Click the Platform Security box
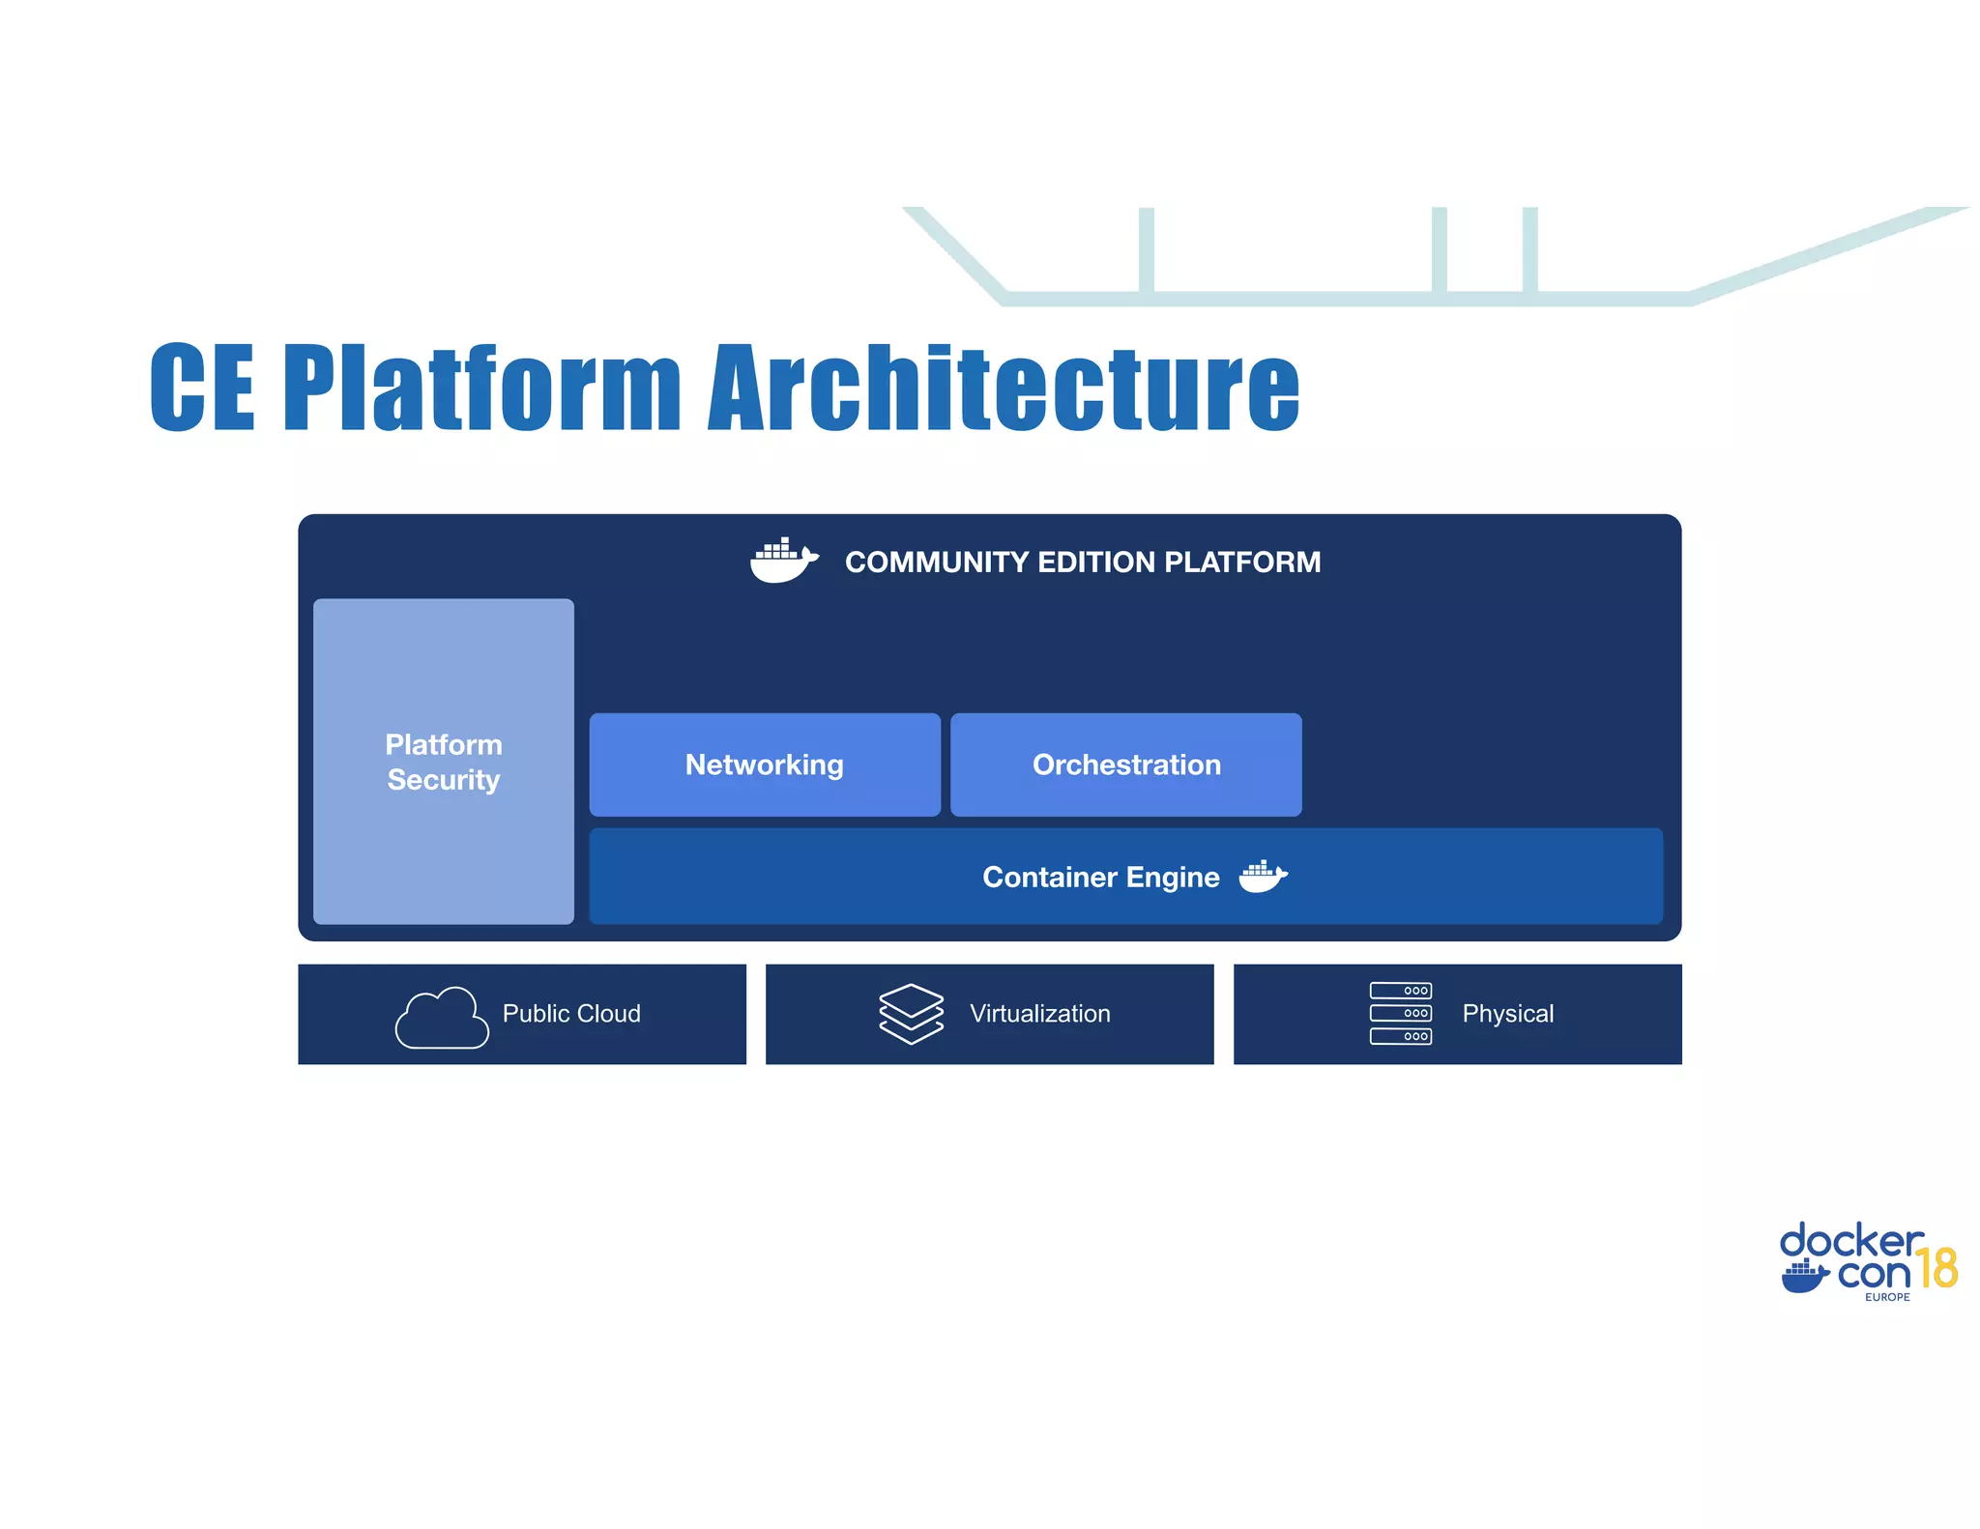[444, 762]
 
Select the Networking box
[765, 764]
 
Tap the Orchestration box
[1126, 764]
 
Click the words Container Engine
[1100, 877]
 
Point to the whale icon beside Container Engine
[1263, 877]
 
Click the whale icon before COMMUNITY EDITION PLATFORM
[783, 561]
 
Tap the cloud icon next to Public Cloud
[442, 1018]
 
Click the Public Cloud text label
[571, 1014]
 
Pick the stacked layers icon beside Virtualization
[911, 1014]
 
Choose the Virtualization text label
[1040, 1014]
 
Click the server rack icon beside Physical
[1401, 1014]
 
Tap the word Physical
[1507, 1014]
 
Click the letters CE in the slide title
[202, 388]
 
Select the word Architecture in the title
[1004, 388]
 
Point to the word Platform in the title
[482, 388]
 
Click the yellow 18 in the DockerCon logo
[1936, 1268]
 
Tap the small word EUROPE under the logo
[1887, 1297]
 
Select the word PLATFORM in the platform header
[1241, 562]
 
